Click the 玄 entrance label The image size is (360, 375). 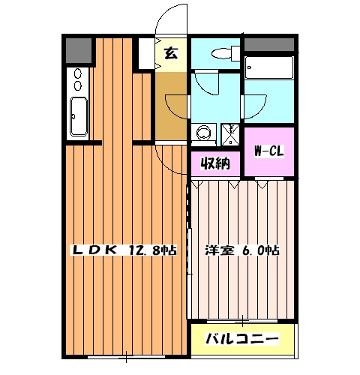click(x=171, y=54)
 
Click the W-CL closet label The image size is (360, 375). click(x=268, y=151)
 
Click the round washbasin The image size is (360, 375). click(x=202, y=133)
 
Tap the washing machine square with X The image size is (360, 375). click(x=227, y=133)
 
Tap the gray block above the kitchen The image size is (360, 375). click(x=77, y=49)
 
